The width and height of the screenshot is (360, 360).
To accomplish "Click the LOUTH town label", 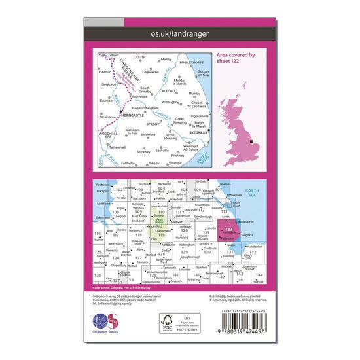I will [141, 57].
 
